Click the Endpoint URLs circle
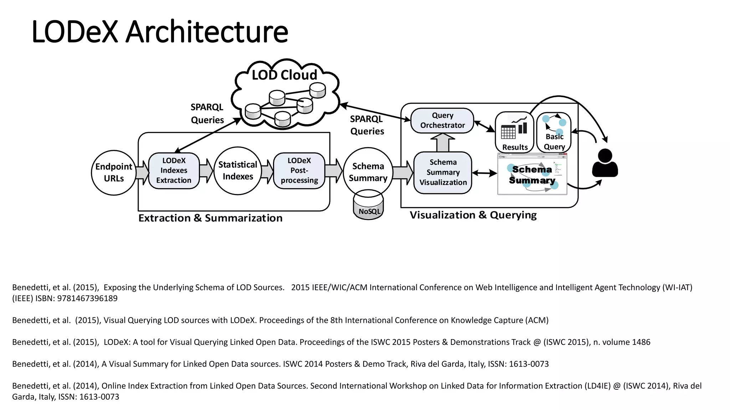[113, 173]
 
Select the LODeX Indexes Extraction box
[174, 170]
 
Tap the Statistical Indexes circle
[238, 171]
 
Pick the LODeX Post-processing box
[299, 170]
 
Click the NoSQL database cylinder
[369, 209]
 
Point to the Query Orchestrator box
[442, 121]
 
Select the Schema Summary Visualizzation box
[443, 173]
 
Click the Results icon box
[514, 132]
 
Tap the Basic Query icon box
[554, 132]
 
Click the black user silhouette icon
[605, 164]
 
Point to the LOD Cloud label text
[284, 75]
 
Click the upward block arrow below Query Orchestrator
[443, 143]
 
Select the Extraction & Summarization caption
[210, 218]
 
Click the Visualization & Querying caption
[473, 215]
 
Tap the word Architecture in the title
[207, 32]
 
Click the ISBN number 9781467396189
[87, 298]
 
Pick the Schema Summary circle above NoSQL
[368, 172]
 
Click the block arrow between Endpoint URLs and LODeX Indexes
[142, 173]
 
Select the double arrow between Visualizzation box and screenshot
[484, 173]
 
